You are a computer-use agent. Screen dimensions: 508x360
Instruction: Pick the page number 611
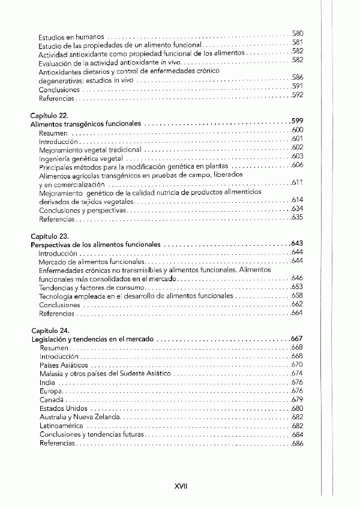297,182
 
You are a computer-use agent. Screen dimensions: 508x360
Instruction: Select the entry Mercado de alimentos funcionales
92,262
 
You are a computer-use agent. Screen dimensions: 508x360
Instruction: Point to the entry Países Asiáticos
64,365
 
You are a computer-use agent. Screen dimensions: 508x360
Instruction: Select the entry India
47,382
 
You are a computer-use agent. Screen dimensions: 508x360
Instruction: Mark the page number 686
297,443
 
